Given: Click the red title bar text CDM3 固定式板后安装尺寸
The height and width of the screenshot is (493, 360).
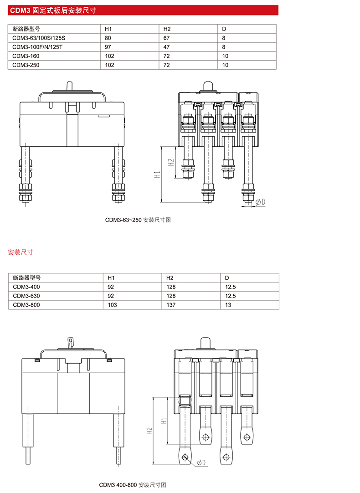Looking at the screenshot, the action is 53,10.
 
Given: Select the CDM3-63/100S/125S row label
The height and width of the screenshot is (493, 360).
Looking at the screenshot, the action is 39,38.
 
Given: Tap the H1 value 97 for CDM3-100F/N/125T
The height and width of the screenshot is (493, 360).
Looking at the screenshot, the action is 108,47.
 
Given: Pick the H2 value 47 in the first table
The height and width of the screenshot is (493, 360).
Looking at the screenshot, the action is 166,47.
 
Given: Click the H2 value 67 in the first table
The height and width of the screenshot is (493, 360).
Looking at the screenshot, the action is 166,38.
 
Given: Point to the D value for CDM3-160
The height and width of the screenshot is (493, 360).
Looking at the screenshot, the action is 225,56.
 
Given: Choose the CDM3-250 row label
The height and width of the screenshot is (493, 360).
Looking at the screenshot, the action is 26,65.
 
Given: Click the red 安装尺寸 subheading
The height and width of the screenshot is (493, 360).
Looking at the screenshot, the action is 21,252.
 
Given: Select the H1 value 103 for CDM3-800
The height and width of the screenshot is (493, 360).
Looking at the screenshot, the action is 112,305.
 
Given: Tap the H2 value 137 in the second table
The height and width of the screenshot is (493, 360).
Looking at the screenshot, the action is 171,305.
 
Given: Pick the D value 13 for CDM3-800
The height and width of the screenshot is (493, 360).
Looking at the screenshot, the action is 228,305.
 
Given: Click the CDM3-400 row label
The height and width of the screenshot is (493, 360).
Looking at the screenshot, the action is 26,287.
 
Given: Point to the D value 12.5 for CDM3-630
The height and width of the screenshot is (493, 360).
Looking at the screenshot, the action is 230,296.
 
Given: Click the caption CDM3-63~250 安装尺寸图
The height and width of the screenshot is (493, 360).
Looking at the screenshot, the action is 138,220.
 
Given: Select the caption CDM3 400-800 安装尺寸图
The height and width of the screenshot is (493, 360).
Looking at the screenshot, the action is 132,485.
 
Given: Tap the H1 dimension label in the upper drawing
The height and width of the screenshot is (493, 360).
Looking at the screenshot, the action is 157,174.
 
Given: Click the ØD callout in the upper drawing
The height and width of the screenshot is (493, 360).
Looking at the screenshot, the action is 260,202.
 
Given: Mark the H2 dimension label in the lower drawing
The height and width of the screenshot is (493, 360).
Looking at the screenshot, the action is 149,431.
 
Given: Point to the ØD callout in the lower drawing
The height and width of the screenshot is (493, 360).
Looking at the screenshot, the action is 201,462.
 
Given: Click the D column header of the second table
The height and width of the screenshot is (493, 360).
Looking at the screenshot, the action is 226,277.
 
